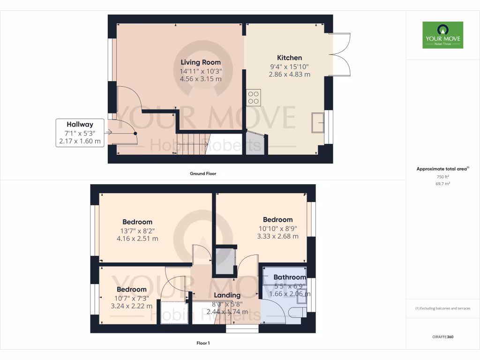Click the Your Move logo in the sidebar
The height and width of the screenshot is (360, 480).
pos(442,35)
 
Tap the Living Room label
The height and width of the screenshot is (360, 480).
pos(201,62)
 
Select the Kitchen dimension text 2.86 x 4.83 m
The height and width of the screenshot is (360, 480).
pos(289,74)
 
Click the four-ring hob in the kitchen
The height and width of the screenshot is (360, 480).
pos(254,97)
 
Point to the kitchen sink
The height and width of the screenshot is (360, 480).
pos(317,123)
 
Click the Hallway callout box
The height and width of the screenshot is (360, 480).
pos(80,133)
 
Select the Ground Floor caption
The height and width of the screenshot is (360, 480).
pos(202,173)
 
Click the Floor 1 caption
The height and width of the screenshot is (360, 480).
pos(202,343)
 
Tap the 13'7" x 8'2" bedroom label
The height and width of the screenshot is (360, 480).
pos(137,222)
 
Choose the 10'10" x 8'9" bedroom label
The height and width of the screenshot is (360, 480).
pos(277,219)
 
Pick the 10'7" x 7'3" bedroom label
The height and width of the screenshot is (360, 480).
pos(131,289)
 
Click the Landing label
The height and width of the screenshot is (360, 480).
pos(227,295)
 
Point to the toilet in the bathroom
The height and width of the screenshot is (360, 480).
pos(296,313)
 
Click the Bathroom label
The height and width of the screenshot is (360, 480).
pos(289,277)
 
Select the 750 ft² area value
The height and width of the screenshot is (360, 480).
pos(442,177)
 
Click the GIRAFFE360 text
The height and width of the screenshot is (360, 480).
pos(442,337)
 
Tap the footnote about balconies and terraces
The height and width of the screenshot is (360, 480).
pos(442,308)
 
